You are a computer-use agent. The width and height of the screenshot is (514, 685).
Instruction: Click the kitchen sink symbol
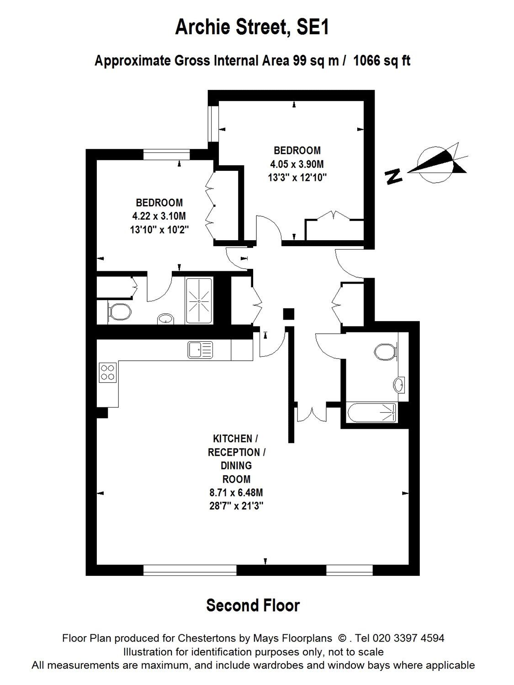coord(200,350)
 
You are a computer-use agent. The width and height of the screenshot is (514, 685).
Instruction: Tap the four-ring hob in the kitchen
coord(107,372)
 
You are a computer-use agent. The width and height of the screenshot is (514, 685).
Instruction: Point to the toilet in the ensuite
coord(120,312)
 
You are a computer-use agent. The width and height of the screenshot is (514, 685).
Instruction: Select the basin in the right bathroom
coord(400,384)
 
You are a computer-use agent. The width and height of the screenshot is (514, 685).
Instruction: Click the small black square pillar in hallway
coord(288,314)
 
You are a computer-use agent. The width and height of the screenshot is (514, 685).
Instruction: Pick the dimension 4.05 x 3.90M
coord(297,164)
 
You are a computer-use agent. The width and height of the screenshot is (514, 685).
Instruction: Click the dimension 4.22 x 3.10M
coord(159,216)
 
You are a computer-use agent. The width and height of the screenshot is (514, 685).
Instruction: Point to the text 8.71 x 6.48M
coord(236,493)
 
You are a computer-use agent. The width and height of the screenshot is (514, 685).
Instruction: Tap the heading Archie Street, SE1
coord(252,28)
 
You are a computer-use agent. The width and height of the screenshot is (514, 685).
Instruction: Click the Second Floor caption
coord(253,606)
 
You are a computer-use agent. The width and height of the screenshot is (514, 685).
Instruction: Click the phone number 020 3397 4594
coord(408,638)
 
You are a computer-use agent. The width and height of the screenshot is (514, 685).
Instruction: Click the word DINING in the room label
coord(236,465)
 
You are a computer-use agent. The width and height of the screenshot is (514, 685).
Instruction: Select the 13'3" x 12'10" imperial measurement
coord(297,178)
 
